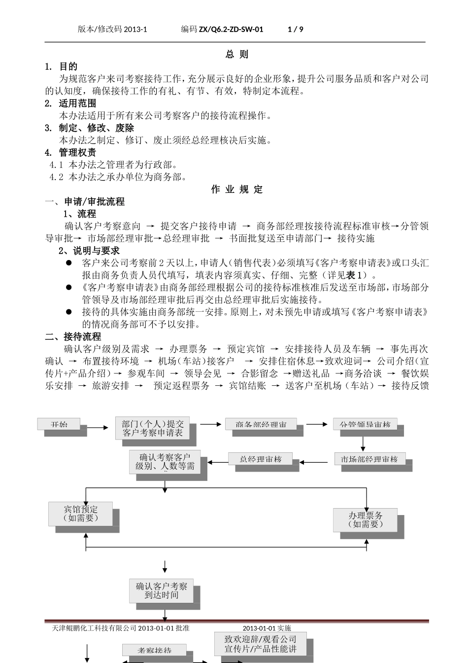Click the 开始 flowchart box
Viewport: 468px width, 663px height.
tap(59, 424)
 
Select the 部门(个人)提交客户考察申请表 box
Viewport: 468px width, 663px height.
tap(153, 428)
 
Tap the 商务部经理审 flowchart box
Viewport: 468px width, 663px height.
tap(261, 424)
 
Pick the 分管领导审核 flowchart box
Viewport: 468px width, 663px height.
tap(365, 424)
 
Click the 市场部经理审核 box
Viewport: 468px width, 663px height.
tap(369, 459)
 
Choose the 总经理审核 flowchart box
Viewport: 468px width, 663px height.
tap(261, 459)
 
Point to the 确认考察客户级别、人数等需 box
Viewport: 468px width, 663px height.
tap(165, 462)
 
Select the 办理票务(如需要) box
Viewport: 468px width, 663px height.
tap(365, 520)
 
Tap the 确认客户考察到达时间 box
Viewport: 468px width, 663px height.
tap(162, 590)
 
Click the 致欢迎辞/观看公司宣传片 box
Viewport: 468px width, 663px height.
tap(261, 644)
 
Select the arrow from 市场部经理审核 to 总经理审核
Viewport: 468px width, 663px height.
tap(314, 462)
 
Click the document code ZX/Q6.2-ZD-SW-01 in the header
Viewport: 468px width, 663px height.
tap(231, 29)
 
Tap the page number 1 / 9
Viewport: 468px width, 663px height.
tap(295, 29)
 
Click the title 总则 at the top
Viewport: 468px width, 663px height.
tap(237, 54)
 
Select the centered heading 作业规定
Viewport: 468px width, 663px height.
tap(237, 189)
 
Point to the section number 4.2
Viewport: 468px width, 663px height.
tap(57, 177)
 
